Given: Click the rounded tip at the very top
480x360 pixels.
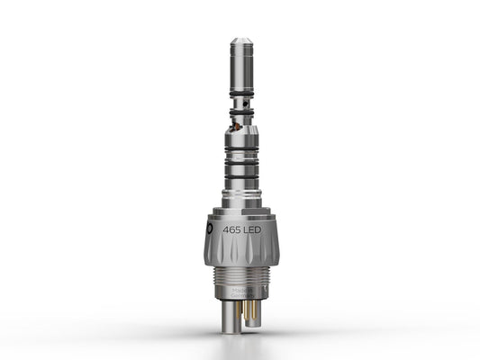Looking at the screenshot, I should (240, 41).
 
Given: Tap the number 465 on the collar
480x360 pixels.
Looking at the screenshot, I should (235, 229).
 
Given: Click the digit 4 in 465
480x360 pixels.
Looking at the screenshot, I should (227, 229).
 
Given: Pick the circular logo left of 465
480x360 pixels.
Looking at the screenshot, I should (211, 230).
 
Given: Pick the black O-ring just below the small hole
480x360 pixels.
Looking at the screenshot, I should (240, 113).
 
